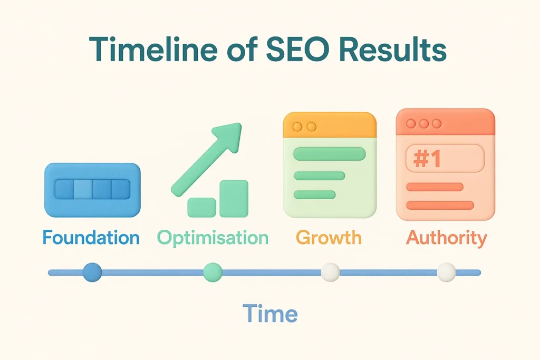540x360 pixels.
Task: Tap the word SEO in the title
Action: pyautogui.click(x=293, y=52)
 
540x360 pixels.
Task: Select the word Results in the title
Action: pyautogui.click(x=396, y=52)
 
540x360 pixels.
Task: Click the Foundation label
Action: pyautogui.click(x=91, y=237)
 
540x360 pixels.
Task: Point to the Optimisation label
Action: pyautogui.click(x=213, y=237)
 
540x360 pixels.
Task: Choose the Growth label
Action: pyautogui.click(x=329, y=237)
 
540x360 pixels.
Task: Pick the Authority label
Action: pyautogui.click(x=446, y=237)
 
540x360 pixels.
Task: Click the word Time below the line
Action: pyautogui.click(x=270, y=314)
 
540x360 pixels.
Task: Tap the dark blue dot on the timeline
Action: pyautogui.click(x=92, y=272)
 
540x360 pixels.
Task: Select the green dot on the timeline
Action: pyautogui.click(x=213, y=272)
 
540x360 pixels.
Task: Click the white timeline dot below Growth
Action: pyautogui.click(x=330, y=272)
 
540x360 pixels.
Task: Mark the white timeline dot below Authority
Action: pyautogui.click(x=446, y=272)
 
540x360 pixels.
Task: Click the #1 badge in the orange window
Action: pyautogui.click(x=427, y=159)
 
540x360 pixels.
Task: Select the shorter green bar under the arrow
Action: pyautogui.click(x=201, y=207)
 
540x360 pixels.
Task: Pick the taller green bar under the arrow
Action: pyautogui.click(x=234, y=198)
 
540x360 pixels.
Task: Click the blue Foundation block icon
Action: pyautogui.click(x=92, y=190)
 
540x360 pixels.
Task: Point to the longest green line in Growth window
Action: pyautogui.click(x=330, y=154)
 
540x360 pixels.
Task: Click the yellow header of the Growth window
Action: pyautogui.click(x=330, y=125)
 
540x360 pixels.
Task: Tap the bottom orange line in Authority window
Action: pyautogui.click(x=440, y=205)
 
